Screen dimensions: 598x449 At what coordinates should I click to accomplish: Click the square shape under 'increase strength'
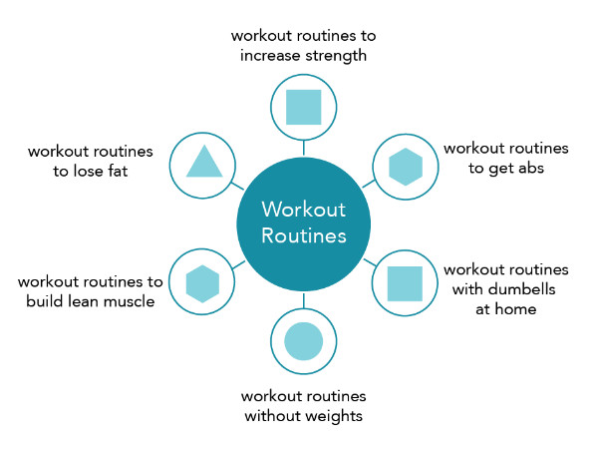(x=304, y=108)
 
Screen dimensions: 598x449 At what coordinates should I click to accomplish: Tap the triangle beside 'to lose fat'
(x=204, y=162)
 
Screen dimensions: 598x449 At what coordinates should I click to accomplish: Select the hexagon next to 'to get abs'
(x=406, y=167)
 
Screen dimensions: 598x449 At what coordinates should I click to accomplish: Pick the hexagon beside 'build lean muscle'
(x=202, y=283)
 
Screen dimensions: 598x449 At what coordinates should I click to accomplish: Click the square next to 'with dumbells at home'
(x=405, y=283)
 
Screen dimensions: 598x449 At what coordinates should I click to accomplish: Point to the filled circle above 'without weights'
(x=304, y=341)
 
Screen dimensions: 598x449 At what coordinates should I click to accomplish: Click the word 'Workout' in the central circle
(x=304, y=210)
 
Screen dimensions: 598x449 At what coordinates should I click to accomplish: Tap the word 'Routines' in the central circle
(x=304, y=235)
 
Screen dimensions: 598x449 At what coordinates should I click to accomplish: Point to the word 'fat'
(x=117, y=171)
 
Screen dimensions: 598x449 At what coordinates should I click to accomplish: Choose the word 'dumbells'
(x=522, y=289)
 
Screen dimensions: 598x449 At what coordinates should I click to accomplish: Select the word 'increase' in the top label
(x=270, y=56)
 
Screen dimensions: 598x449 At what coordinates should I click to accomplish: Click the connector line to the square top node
(x=304, y=148)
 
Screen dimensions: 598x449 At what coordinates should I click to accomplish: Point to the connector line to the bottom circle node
(x=304, y=300)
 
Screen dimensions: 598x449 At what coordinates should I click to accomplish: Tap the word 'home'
(x=515, y=309)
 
